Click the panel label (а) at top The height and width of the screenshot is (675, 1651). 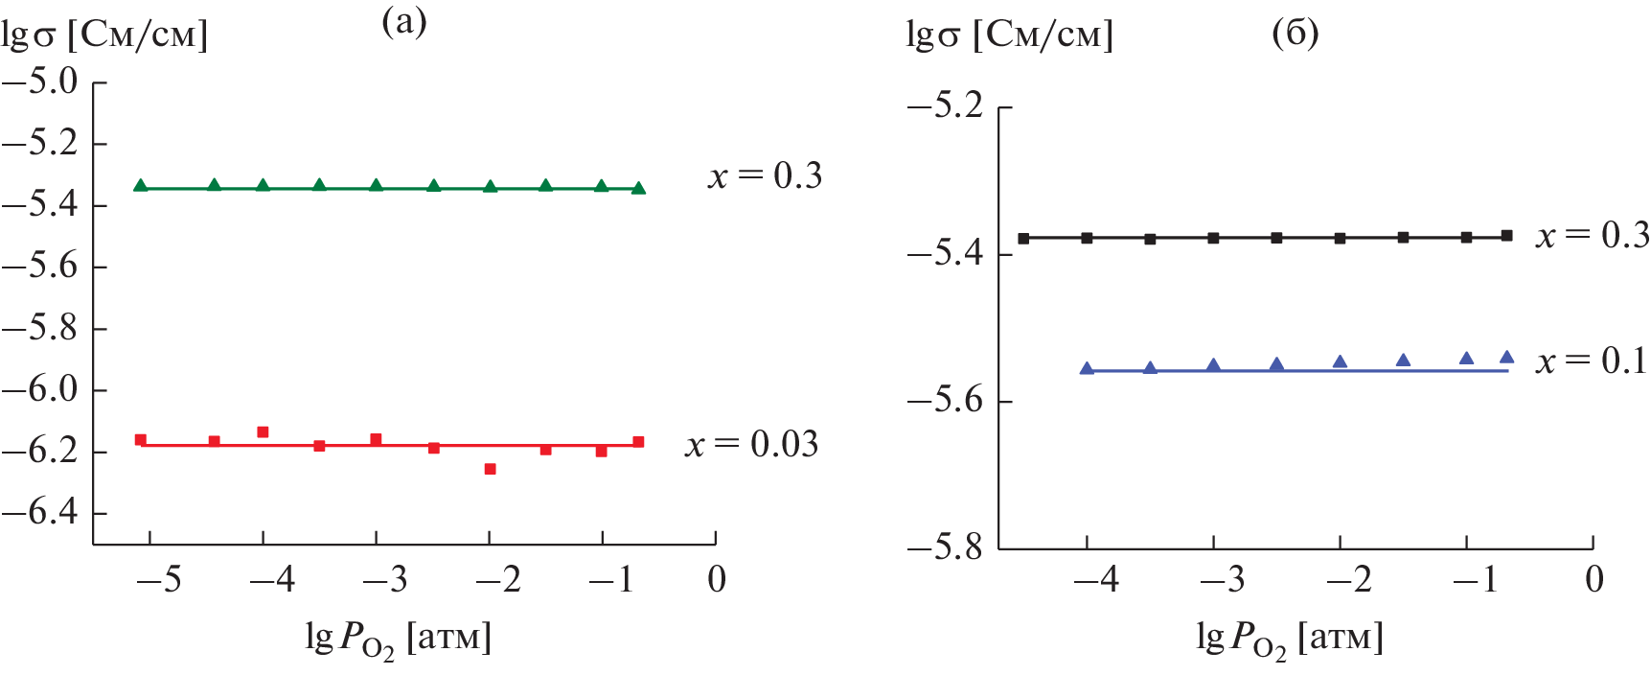[403, 21]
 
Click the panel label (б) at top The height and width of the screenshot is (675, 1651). [1295, 34]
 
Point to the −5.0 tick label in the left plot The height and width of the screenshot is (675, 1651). [41, 81]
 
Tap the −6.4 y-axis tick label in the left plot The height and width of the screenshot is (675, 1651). [41, 512]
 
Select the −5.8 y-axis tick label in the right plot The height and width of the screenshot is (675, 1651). [946, 548]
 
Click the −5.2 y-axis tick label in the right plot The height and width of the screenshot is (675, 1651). [946, 105]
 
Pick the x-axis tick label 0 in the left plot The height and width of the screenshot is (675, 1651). [717, 579]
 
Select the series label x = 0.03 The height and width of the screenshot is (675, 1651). [752, 444]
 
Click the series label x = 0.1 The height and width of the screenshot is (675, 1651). [1592, 361]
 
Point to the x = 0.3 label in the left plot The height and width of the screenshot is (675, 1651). [765, 175]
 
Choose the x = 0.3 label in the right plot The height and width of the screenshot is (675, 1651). [1592, 236]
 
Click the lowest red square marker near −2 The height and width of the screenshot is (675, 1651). [490, 469]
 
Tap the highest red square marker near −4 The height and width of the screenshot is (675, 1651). [263, 432]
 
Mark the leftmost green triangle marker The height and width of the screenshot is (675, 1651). [141, 185]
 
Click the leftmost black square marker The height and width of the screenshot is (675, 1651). [1023, 238]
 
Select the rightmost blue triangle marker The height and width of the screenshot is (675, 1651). [1506, 357]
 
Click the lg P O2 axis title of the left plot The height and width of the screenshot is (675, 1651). [398, 639]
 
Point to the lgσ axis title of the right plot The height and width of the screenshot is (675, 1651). [1009, 36]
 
